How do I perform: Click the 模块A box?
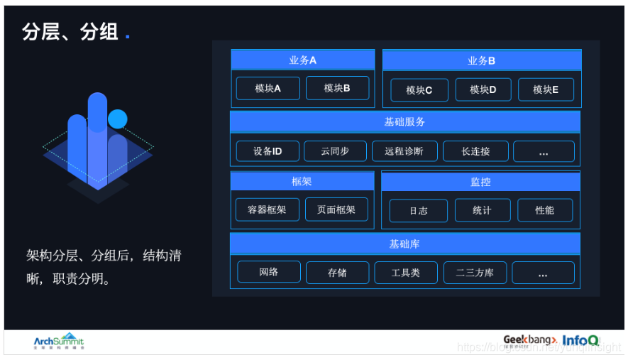268,88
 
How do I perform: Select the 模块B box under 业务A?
337,88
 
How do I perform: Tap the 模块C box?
419,90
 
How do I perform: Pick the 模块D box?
483,90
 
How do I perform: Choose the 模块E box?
545,90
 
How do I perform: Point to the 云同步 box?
335,151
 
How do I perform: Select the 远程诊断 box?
404,151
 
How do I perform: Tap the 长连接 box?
475,151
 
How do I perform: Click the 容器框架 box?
267,209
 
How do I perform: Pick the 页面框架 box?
336,209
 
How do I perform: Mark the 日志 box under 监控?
419,211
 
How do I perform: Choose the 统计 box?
482,211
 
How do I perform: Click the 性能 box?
544,211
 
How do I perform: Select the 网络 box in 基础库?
269,272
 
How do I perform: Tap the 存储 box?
337,273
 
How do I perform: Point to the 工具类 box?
406,273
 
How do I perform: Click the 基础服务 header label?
404,122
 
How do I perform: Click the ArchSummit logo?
58,342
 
